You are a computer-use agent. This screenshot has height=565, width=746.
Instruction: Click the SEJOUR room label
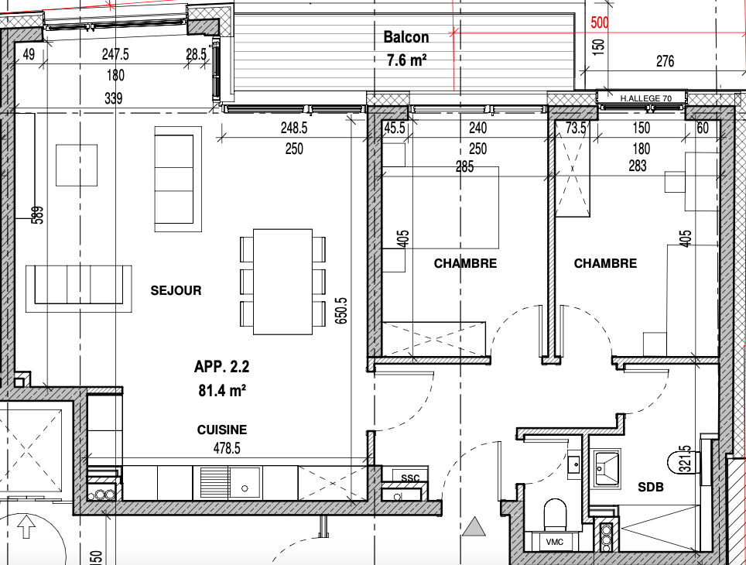(176, 290)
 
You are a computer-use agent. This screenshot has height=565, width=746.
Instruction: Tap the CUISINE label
(222, 430)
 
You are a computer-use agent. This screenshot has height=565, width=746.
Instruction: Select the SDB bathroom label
(650, 487)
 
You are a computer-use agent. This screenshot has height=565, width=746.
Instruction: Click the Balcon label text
(406, 37)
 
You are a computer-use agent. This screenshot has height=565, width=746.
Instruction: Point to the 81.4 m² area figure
(222, 390)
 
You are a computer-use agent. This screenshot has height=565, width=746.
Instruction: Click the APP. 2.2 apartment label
(221, 367)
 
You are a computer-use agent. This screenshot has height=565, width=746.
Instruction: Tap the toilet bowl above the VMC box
(555, 514)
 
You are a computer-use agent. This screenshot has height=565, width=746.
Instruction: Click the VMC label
(555, 542)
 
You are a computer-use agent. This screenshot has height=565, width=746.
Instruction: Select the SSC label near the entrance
(410, 478)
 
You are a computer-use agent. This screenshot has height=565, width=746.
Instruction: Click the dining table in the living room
(282, 282)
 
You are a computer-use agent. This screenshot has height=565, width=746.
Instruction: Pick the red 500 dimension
(600, 23)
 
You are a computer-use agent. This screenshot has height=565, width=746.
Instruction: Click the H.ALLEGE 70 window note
(645, 98)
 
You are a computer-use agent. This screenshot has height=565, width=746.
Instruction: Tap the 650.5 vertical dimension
(341, 311)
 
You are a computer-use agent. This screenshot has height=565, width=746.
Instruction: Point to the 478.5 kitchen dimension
(227, 448)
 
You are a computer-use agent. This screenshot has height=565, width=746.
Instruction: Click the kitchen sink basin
(245, 483)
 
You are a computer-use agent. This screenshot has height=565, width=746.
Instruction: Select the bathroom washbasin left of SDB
(607, 469)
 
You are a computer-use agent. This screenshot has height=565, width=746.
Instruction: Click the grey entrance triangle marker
(474, 526)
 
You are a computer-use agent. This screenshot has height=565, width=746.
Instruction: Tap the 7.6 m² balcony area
(406, 60)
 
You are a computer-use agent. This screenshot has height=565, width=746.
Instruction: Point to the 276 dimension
(665, 61)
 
